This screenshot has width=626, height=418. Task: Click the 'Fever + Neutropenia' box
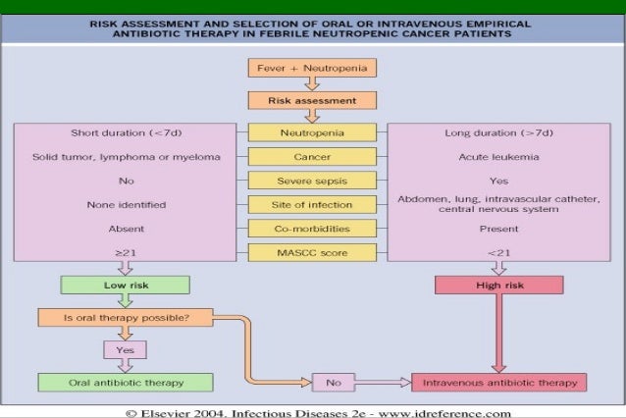click(x=312, y=69)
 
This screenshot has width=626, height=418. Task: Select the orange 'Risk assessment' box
click(x=312, y=100)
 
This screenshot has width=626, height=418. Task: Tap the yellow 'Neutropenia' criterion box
click(x=312, y=132)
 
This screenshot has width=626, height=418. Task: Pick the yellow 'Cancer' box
click(x=312, y=156)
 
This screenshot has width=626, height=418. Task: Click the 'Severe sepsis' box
click(x=312, y=181)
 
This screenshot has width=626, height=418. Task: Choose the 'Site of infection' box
click(x=312, y=204)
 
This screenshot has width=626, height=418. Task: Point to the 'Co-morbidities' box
click(x=312, y=229)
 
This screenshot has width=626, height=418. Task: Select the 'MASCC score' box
click(x=312, y=253)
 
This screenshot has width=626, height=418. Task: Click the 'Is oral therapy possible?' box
click(x=125, y=317)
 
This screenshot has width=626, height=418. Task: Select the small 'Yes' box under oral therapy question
click(x=125, y=349)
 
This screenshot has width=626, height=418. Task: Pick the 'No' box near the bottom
click(x=332, y=382)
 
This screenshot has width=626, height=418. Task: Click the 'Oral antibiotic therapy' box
click(x=125, y=382)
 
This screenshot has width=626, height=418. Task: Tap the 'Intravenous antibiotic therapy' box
click(x=500, y=382)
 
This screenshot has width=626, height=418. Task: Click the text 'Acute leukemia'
click(x=498, y=156)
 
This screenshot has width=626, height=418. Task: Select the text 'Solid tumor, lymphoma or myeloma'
click(x=124, y=156)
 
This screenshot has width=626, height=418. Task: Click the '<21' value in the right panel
click(x=498, y=253)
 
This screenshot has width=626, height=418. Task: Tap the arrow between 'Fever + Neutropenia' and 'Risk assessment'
click(x=312, y=84)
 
